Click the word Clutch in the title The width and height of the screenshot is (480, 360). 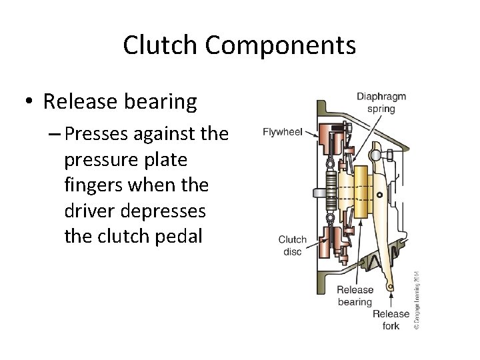161,45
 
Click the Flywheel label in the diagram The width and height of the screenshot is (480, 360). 283,132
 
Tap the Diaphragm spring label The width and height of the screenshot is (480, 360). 381,103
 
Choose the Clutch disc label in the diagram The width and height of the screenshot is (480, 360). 292,245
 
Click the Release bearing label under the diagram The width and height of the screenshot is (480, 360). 355,296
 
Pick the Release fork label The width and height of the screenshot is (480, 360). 391,320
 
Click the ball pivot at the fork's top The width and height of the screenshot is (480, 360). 375,156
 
